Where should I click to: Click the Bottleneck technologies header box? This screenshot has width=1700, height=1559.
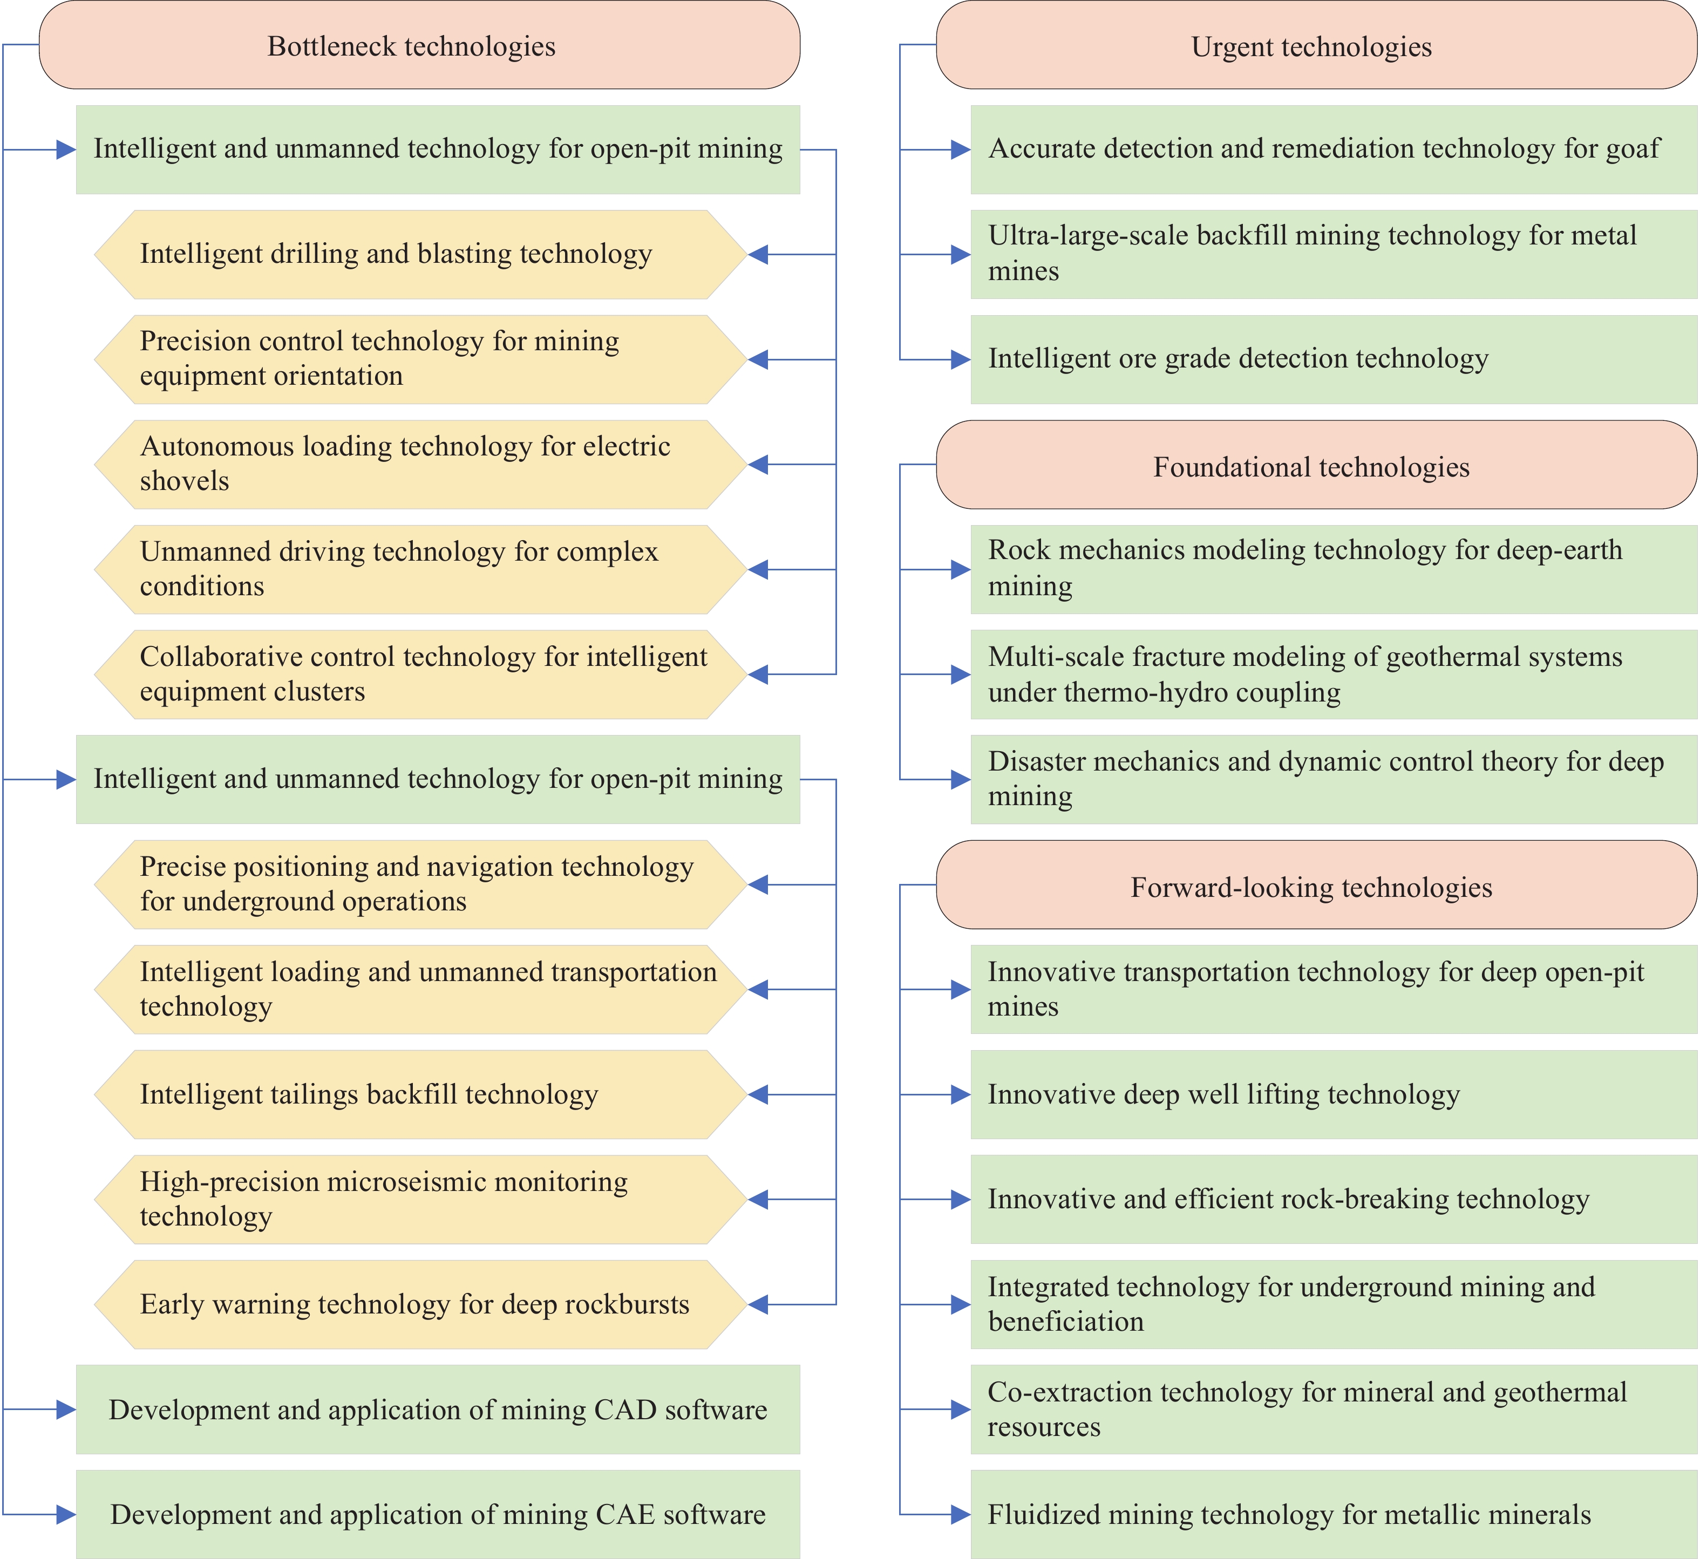[419, 45]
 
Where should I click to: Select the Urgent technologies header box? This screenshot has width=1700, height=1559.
[1316, 45]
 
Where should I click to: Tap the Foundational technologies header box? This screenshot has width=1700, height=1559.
[1316, 465]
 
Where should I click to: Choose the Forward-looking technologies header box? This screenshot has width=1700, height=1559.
[1316, 885]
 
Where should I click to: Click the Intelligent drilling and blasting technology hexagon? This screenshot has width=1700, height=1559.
[420, 255]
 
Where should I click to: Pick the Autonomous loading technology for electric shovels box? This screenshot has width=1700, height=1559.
[420, 465]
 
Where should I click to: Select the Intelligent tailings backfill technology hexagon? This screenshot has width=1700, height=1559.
[420, 1095]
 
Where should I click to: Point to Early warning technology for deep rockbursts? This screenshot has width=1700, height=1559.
[420, 1305]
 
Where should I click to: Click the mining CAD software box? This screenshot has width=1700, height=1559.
[438, 1410]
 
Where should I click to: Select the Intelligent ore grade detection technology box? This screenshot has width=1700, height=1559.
[1334, 359]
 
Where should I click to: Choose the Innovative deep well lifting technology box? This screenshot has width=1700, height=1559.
[1334, 1095]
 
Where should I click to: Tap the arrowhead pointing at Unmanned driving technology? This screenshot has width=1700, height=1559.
[758, 569]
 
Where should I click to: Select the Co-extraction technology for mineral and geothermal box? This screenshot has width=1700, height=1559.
[1334, 1410]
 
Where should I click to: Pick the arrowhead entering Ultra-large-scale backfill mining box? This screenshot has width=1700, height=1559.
[961, 255]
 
